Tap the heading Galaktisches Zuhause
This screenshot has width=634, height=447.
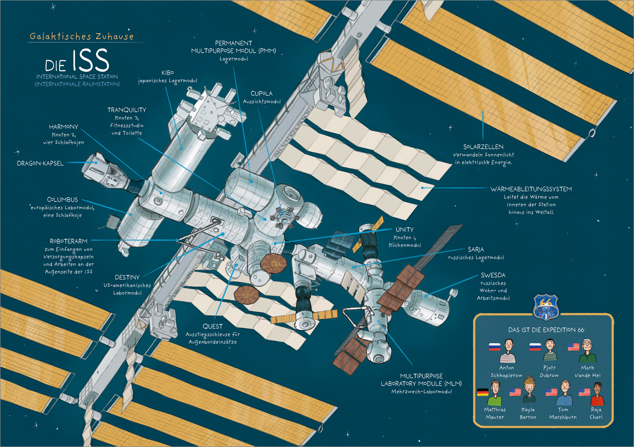(81, 36)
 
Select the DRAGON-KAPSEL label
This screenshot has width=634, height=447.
(40, 164)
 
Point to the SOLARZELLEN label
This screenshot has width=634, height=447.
(483, 147)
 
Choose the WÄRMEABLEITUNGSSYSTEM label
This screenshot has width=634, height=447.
(531, 189)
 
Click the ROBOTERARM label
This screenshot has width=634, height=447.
(68, 241)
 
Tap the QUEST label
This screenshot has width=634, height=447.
(213, 326)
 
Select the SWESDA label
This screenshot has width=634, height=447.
(493, 275)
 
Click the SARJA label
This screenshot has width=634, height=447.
(475, 249)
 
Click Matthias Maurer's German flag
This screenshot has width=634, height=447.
(482, 392)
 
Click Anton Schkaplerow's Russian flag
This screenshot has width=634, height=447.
(495, 347)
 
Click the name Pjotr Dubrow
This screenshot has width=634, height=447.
(549, 371)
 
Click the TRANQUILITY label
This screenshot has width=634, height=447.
(126, 110)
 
